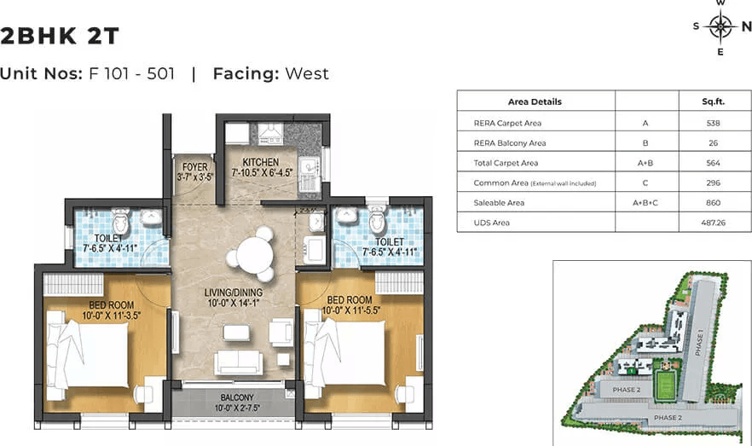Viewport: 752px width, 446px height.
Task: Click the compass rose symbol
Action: [x=720, y=27]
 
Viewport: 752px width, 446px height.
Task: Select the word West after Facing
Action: [x=306, y=73]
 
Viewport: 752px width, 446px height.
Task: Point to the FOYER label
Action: [x=194, y=167]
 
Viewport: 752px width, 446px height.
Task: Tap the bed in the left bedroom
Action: [x=86, y=350]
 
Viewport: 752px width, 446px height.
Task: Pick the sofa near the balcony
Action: [x=238, y=362]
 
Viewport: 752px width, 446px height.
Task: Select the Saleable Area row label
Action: [x=499, y=203]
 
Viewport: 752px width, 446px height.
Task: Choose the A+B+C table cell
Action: [x=645, y=203]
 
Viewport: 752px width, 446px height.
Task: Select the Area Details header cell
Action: [x=535, y=101]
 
